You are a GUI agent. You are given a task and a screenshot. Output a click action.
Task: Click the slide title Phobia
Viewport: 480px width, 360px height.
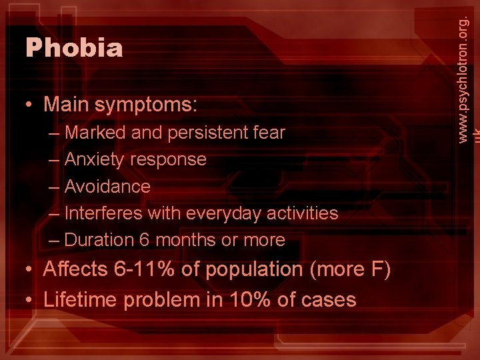(74, 48)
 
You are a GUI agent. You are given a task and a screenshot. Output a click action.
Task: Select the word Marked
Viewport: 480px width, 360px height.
(95, 133)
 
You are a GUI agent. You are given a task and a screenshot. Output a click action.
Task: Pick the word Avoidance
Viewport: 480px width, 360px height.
(107, 186)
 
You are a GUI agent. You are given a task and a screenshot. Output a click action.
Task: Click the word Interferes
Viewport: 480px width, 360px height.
(103, 213)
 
